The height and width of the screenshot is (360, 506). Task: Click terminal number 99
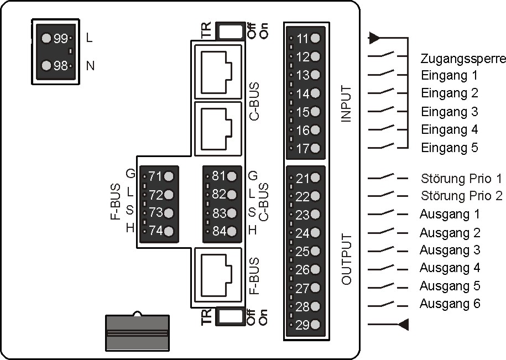(x=60, y=39)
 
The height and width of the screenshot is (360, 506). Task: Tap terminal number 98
(x=60, y=66)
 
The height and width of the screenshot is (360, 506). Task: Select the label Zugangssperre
(x=463, y=59)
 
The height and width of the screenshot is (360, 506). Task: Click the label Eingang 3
(x=449, y=112)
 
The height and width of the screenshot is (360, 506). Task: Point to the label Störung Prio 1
(x=461, y=179)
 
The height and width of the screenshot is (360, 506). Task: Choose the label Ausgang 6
(x=450, y=304)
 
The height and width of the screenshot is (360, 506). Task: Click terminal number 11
(x=303, y=39)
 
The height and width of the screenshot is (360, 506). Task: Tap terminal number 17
(x=303, y=148)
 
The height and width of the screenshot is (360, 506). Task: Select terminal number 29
(x=303, y=325)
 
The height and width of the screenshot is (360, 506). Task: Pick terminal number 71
(x=155, y=177)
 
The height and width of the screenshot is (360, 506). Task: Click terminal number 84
(x=219, y=232)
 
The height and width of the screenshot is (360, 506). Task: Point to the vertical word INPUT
(x=347, y=103)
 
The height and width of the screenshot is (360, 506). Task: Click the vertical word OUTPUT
(x=347, y=259)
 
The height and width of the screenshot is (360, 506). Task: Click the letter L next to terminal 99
(x=90, y=39)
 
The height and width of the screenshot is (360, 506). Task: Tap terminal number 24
(x=303, y=233)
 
